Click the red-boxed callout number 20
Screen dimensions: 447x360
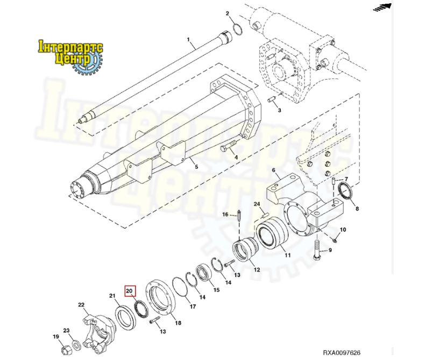coord(130,291)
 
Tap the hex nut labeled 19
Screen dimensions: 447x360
coord(66,350)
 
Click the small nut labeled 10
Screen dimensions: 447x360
coord(336,240)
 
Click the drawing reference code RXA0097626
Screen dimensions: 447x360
coord(342,352)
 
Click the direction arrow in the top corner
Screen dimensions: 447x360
coord(382,8)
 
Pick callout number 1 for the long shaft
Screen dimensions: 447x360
coord(188,40)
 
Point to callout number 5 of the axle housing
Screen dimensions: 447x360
coord(196,167)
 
